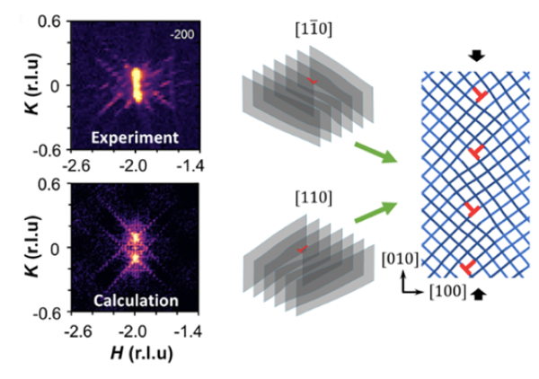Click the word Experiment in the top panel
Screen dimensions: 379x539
coord(138,137)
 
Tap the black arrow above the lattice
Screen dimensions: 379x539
coord(478,57)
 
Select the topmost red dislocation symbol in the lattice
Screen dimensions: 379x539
coord(482,96)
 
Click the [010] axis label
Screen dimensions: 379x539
coord(398,261)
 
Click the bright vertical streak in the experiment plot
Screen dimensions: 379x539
coord(137,84)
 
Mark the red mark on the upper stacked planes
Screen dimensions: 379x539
coord(312,82)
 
